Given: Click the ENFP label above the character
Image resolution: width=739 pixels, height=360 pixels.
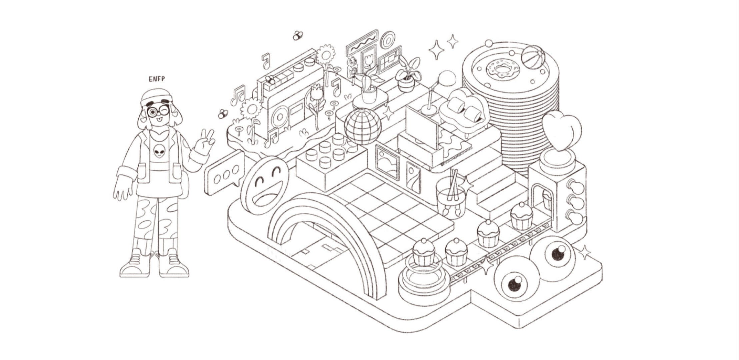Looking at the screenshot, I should pyautogui.click(x=157, y=79).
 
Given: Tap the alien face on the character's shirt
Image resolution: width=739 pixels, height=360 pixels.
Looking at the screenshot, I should pyautogui.click(x=160, y=152).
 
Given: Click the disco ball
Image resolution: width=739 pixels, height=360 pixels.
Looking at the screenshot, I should pyautogui.click(x=362, y=126).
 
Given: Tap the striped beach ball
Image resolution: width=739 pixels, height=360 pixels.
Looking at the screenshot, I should pyautogui.click(x=533, y=57).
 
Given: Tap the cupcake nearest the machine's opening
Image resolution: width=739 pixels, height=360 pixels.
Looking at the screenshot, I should pyautogui.click(x=522, y=216).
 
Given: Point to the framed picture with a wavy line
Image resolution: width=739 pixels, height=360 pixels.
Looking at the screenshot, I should pyautogui.click(x=361, y=43).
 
